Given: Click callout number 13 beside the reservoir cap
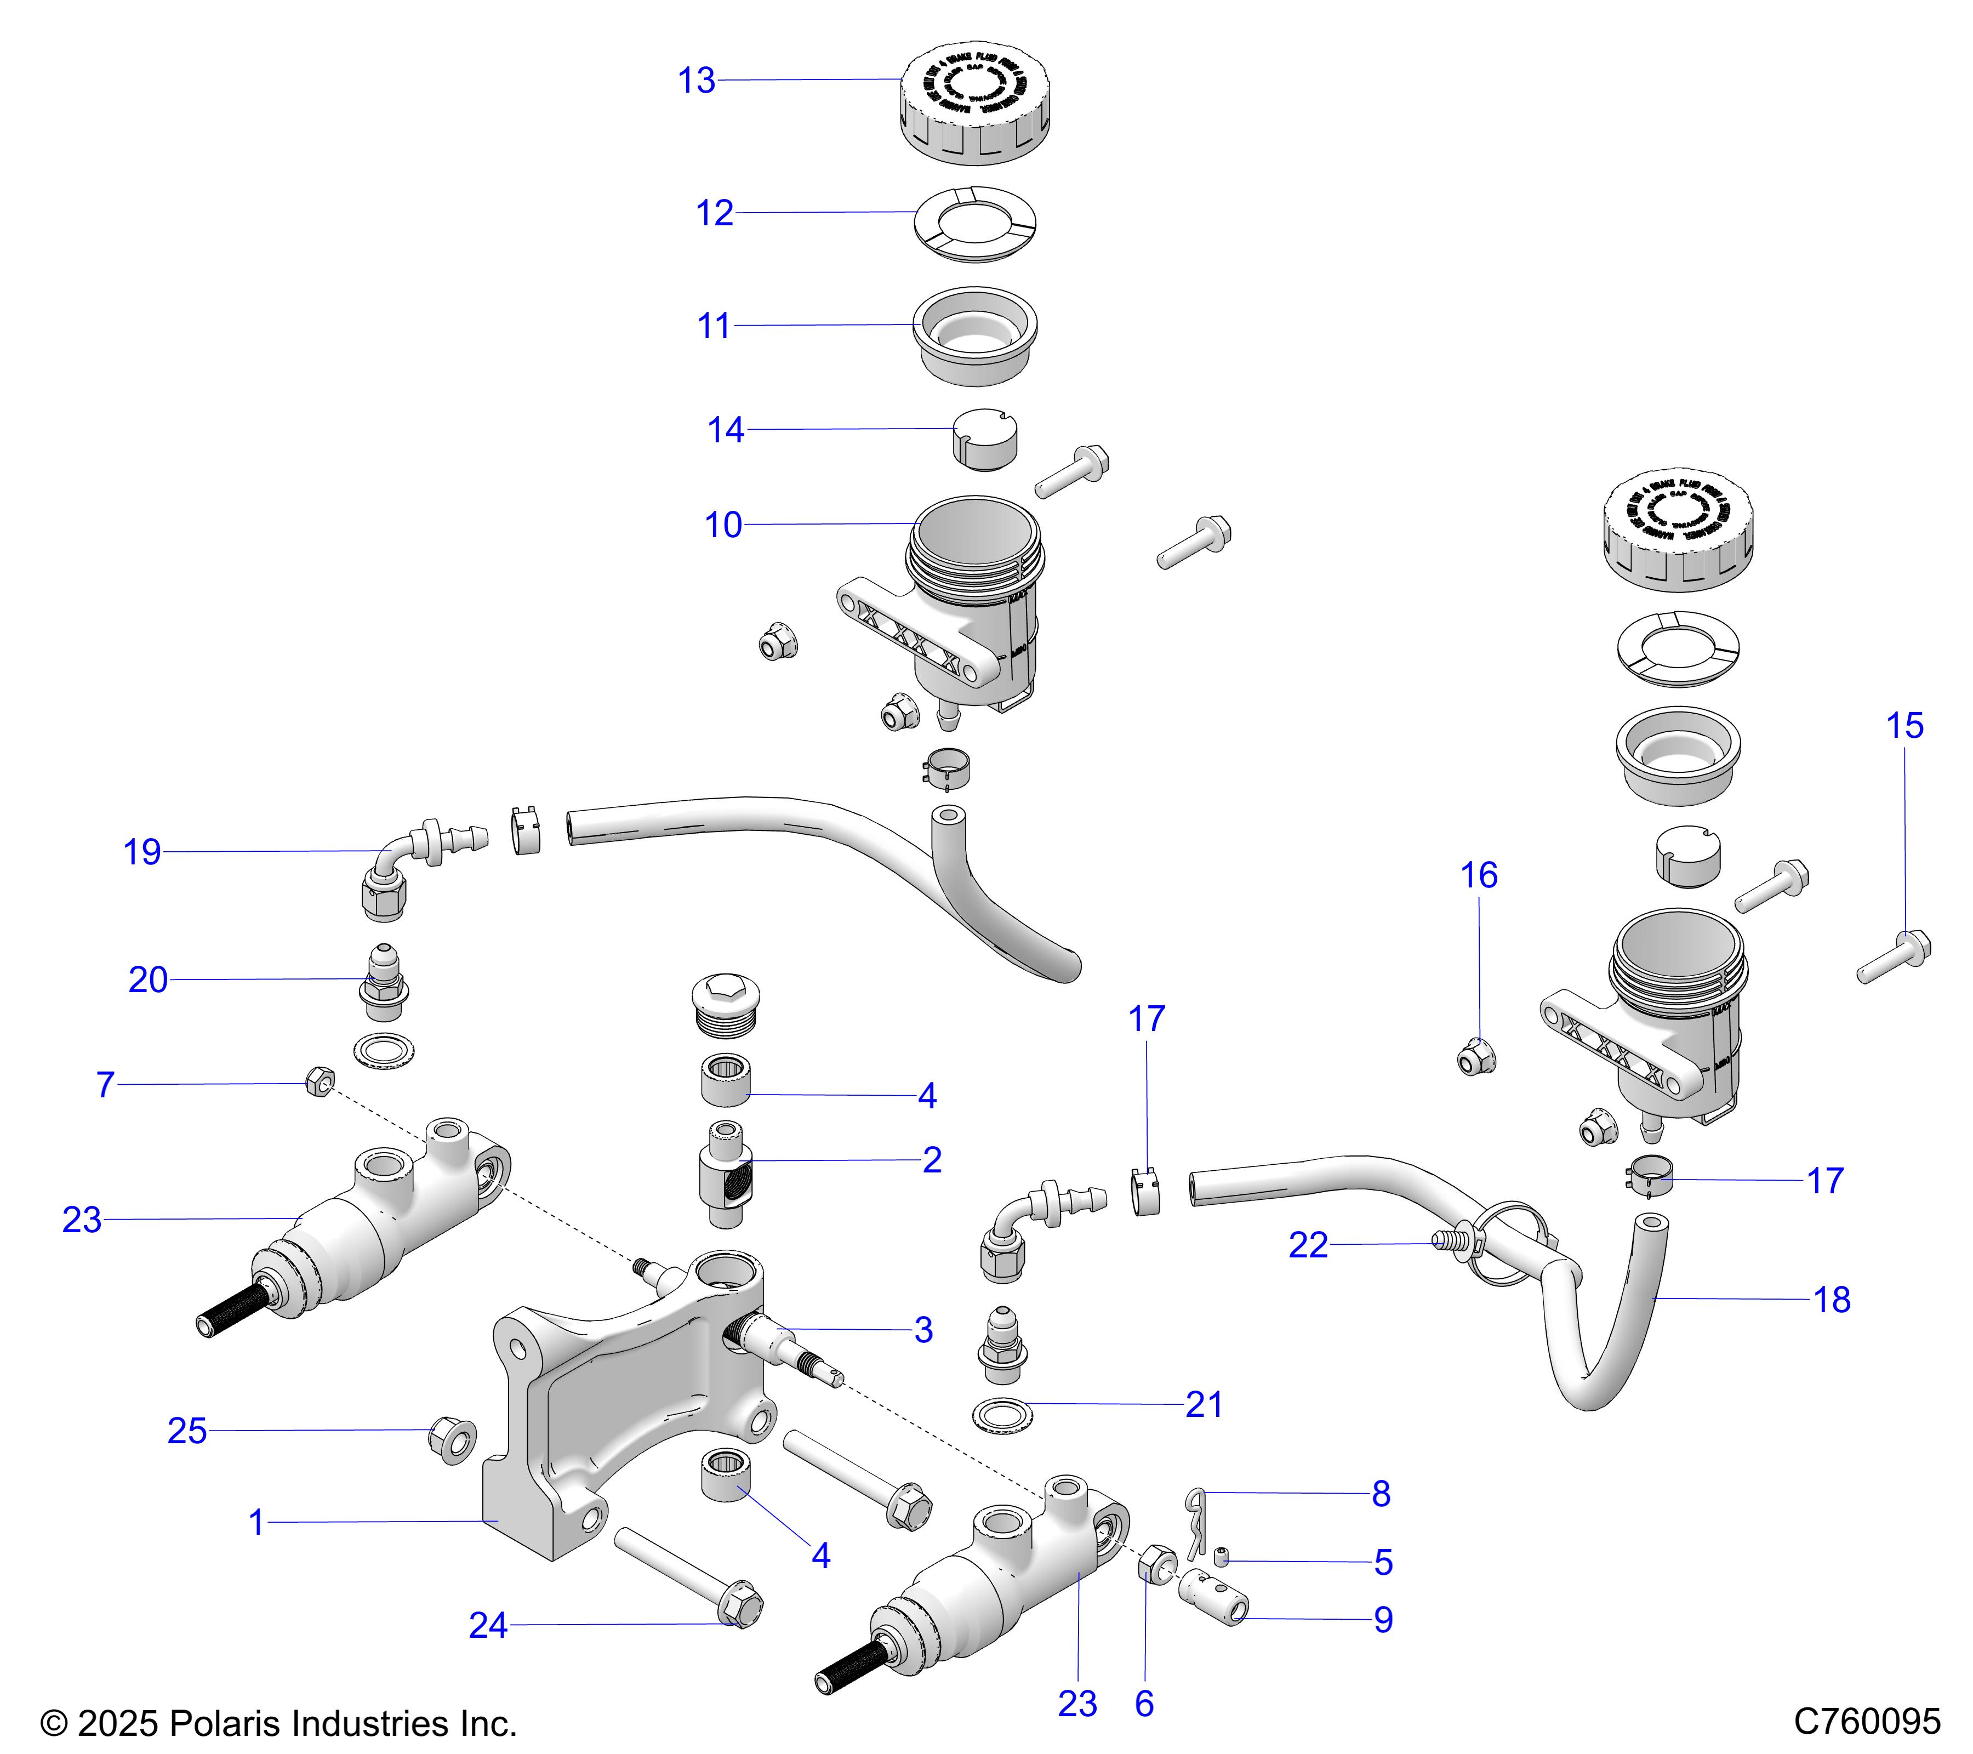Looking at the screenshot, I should tap(696, 81).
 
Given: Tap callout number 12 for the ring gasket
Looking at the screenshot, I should tap(714, 213).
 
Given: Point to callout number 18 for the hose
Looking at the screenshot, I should tap(1831, 1300).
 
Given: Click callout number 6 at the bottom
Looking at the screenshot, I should tap(1144, 1704).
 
